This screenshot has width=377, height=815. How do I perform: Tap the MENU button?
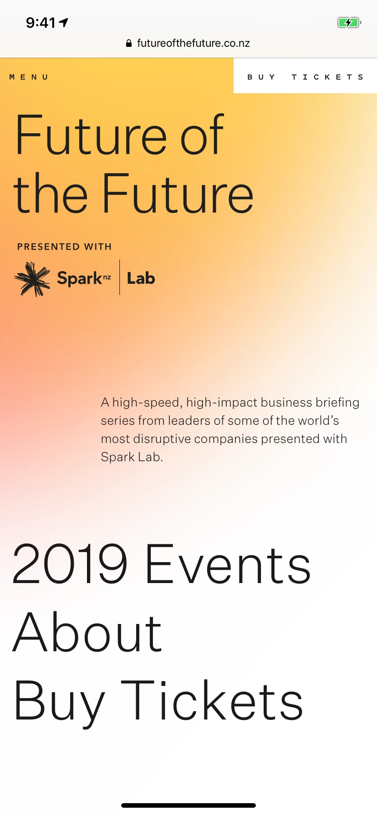(x=29, y=77)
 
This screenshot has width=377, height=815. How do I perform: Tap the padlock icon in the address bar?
(x=129, y=43)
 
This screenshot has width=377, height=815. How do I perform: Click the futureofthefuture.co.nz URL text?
(x=194, y=43)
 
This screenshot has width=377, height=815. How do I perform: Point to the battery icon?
(x=349, y=22)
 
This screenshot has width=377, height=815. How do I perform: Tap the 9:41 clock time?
(x=41, y=22)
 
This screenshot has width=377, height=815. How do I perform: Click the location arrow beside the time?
(x=64, y=22)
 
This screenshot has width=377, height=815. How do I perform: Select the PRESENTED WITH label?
(x=64, y=247)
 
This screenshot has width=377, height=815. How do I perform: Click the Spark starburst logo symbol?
(x=32, y=279)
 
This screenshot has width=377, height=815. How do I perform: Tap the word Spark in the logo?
(x=80, y=278)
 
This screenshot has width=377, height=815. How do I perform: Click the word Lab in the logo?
(x=141, y=278)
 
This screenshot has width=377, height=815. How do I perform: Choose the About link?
(x=87, y=632)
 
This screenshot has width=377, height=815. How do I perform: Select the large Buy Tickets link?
(x=158, y=701)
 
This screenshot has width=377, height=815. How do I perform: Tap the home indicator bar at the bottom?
(x=188, y=805)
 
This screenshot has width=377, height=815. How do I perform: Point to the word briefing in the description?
(x=337, y=403)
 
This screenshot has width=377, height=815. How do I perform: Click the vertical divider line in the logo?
(x=120, y=277)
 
